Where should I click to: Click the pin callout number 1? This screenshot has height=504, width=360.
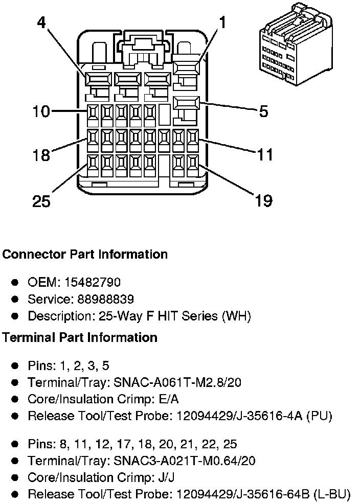click(222, 22)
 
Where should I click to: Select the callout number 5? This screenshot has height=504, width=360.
click(263, 111)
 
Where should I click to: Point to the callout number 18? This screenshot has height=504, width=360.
click(41, 154)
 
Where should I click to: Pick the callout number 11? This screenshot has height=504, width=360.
click(264, 154)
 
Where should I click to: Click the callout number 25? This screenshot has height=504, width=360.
click(42, 201)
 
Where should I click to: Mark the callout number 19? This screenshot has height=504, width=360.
click(263, 200)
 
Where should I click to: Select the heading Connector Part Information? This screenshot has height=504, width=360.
click(85, 254)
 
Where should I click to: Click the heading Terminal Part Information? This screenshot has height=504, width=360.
click(80, 337)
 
